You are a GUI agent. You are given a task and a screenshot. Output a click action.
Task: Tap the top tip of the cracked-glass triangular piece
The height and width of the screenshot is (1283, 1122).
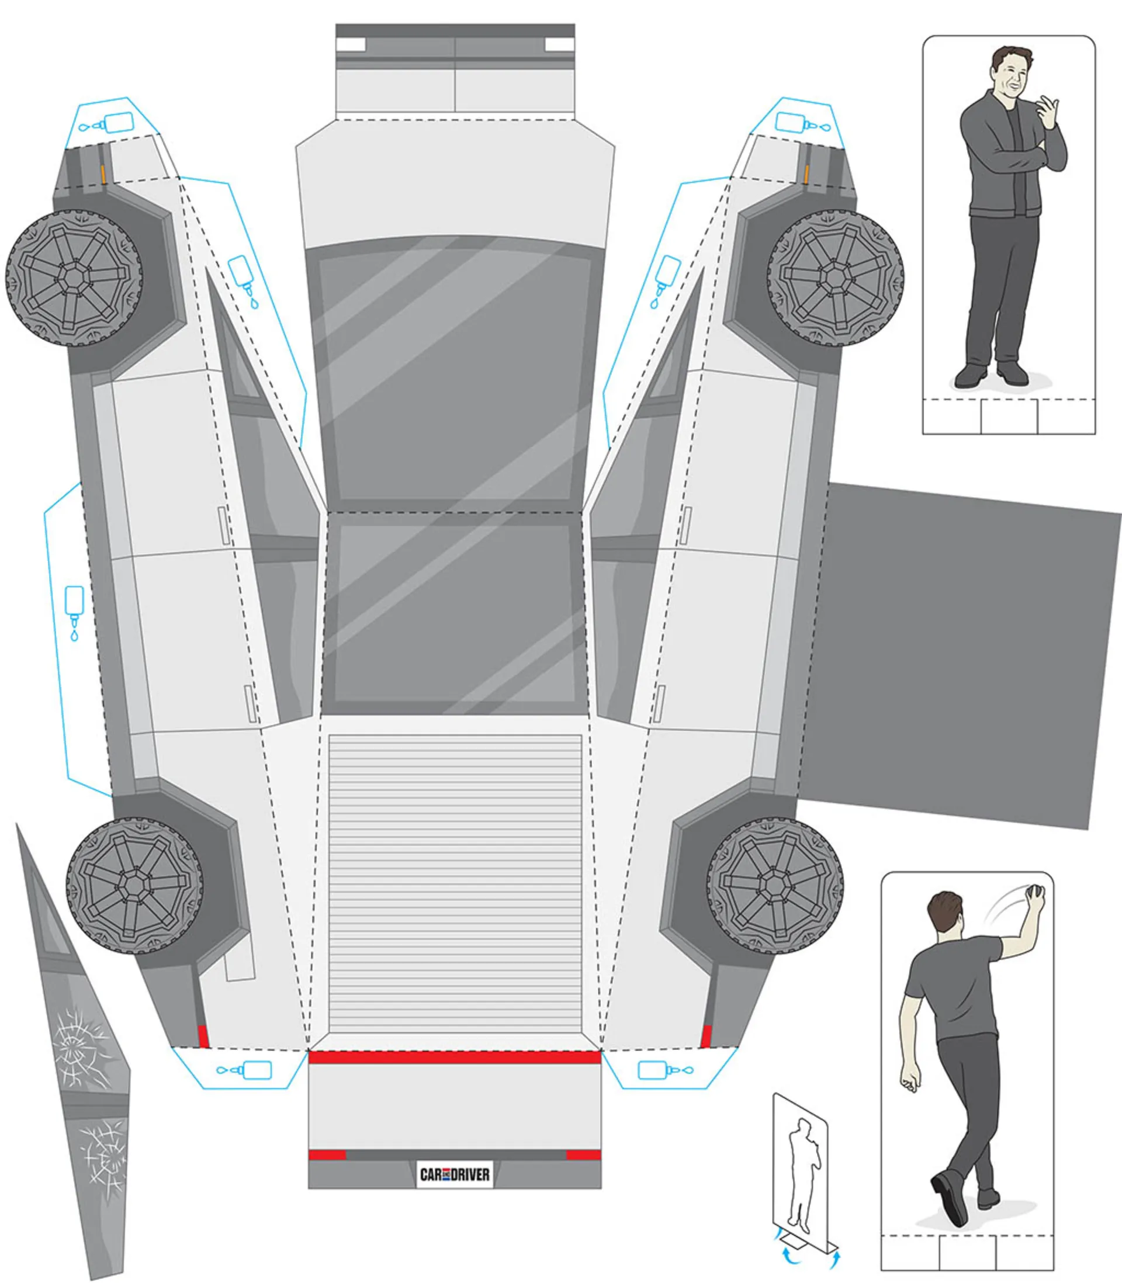click(16, 824)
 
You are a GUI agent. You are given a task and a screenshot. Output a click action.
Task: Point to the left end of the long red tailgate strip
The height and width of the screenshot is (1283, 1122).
click(309, 1057)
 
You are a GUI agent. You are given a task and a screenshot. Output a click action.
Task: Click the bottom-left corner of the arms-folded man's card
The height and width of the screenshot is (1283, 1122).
click(923, 434)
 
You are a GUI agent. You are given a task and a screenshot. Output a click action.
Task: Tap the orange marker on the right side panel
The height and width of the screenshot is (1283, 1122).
click(806, 175)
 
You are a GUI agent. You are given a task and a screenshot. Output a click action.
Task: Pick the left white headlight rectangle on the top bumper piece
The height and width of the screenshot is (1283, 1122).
click(351, 44)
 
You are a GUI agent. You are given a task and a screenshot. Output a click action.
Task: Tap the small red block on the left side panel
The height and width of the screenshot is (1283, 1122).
click(203, 1036)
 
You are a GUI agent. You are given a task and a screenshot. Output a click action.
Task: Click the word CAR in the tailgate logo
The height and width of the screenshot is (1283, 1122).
click(431, 1175)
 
